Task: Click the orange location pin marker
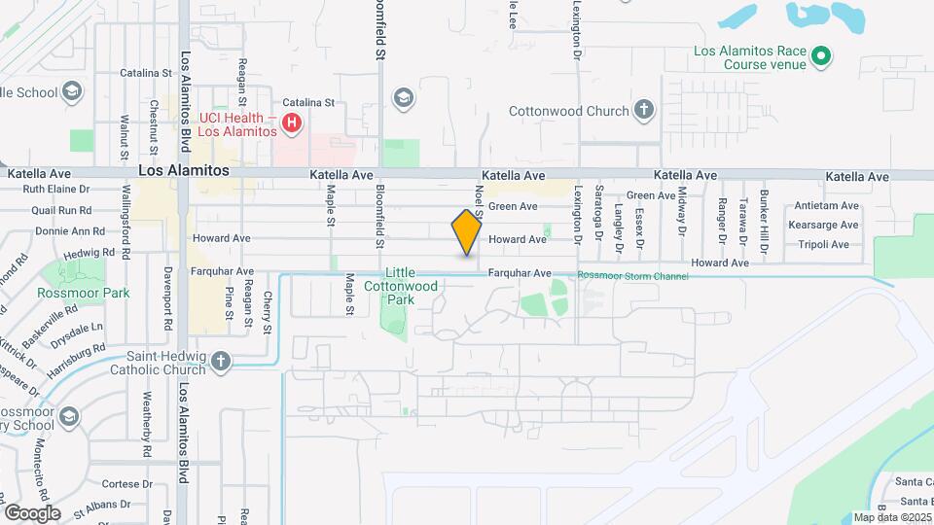(x=467, y=231)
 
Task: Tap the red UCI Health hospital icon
(x=291, y=123)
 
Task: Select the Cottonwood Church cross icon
(x=644, y=110)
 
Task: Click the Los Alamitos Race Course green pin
(x=821, y=56)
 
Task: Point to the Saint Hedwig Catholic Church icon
(x=221, y=362)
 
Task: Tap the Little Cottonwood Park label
(x=401, y=286)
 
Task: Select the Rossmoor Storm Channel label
(x=633, y=276)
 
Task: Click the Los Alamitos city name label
(x=184, y=169)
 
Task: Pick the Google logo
(x=32, y=512)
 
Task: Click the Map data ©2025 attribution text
(x=891, y=517)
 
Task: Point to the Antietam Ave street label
(x=826, y=206)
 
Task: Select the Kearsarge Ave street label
(x=826, y=225)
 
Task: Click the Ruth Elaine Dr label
(x=56, y=190)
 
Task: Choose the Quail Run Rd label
(x=61, y=210)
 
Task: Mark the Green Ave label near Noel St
(x=513, y=206)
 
